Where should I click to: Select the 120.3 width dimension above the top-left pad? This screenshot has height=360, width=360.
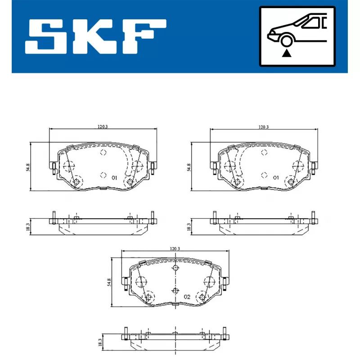[103, 127]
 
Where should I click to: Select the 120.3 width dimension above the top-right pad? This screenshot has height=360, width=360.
[264, 127]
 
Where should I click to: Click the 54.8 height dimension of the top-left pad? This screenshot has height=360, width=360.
[28, 167]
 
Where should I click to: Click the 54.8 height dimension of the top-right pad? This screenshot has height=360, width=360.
[189, 167]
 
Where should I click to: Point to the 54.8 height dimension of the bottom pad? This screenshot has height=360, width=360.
[109, 282]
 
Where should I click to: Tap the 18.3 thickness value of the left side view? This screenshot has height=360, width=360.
[28, 227]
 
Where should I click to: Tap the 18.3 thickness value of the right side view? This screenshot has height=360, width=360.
[189, 227]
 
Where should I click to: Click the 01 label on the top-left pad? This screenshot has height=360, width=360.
[114, 178]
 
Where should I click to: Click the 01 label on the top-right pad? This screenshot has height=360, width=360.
[276, 178]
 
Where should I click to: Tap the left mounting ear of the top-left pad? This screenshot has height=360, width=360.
[53, 168]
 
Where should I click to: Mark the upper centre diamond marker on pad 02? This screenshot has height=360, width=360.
[175, 269]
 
